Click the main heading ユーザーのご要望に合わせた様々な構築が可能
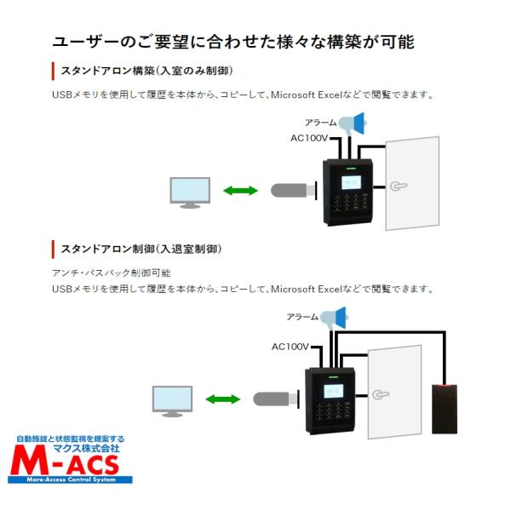[x=233, y=42]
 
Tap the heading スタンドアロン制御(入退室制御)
[x=141, y=249]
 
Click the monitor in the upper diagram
[x=189, y=192]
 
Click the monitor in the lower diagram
[x=171, y=400]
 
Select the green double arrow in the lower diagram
[x=222, y=399]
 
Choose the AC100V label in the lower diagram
[x=290, y=347]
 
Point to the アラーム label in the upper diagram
[x=321, y=123]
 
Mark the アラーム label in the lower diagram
[x=302, y=317]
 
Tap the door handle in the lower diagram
[x=379, y=394]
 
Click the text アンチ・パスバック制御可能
[x=112, y=273]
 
